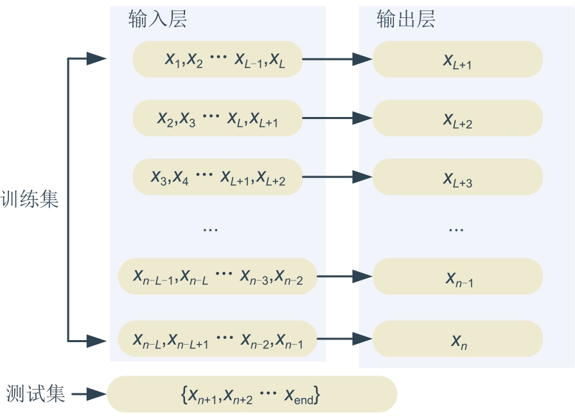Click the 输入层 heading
(x=157, y=20)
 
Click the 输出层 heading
(x=405, y=20)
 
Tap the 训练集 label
(x=30, y=200)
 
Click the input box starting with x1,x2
(x=217, y=60)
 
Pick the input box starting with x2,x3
(x=217, y=118)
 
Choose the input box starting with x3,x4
(x=217, y=177)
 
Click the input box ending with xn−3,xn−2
(x=217, y=276)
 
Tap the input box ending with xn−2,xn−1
(x=217, y=339)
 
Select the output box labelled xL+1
(x=457, y=60)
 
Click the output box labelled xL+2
(x=457, y=118)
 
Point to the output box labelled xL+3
(x=457, y=177)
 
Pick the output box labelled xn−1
(x=457, y=276)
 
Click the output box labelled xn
(x=457, y=339)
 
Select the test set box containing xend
(x=252, y=394)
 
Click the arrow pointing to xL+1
(x=337, y=60)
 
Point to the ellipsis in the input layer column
(x=210, y=228)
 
